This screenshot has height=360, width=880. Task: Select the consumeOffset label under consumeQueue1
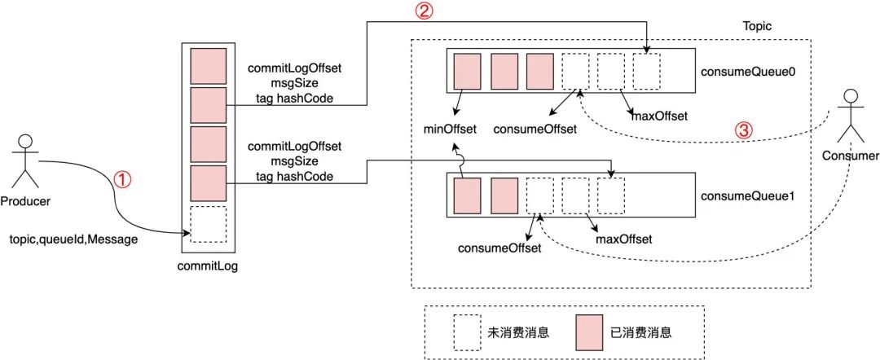click(499, 248)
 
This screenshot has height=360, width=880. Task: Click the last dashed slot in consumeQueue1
click(611, 194)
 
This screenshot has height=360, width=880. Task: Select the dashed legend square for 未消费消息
click(468, 332)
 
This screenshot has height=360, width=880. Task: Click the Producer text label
click(26, 201)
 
